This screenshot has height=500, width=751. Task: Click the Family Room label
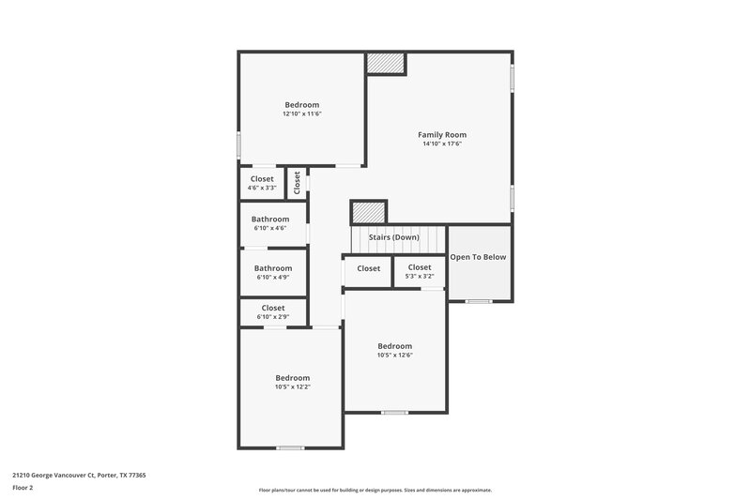[441, 135]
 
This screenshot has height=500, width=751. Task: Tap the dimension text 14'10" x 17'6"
[441, 144]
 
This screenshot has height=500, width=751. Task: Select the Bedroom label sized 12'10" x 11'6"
[302, 105]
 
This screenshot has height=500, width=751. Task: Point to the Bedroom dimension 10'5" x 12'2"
[292, 386]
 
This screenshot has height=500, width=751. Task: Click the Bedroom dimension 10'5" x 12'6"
[394, 355]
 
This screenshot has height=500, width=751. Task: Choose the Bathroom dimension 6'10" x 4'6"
[269, 228]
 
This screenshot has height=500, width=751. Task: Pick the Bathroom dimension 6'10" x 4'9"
[272, 277]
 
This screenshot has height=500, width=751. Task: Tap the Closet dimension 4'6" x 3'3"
[262, 188]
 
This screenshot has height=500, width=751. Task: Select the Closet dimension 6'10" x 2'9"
[273, 317]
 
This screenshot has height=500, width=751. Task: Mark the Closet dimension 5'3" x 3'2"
[420, 277]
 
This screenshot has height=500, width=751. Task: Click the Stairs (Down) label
[393, 237]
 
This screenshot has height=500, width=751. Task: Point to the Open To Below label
[479, 257]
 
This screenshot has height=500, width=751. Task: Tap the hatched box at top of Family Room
[385, 63]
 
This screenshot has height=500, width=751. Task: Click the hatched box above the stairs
[369, 212]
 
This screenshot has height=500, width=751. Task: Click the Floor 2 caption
[23, 488]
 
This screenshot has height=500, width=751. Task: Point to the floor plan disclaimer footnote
[375, 490]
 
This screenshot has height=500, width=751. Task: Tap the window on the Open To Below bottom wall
[479, 301]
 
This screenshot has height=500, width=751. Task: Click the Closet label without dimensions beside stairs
[369, 268]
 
